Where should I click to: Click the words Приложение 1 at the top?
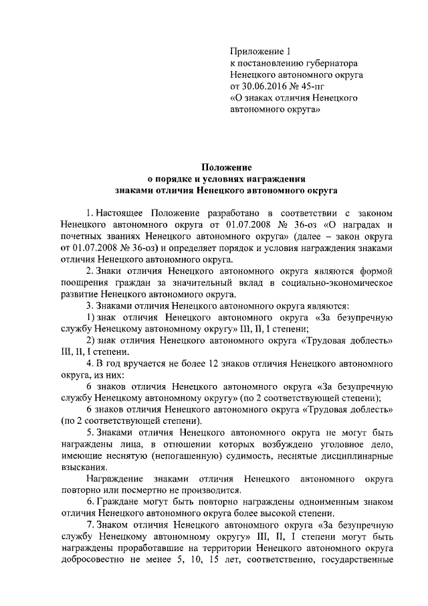click(x=261, y=50)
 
